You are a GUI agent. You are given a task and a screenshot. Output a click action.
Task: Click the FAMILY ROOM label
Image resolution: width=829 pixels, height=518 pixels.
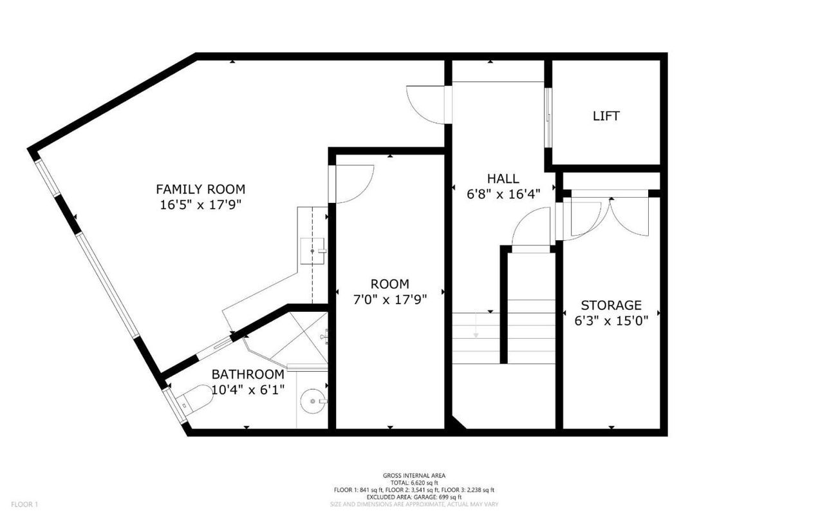(200, 189)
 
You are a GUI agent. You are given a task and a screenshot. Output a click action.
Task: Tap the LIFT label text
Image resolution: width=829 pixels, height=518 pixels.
(606, 116)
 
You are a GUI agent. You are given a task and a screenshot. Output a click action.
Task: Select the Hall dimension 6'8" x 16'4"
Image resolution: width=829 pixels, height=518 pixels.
(503, 194)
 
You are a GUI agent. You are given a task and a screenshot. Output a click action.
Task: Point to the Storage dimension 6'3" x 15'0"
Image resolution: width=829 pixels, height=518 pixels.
(611, 320)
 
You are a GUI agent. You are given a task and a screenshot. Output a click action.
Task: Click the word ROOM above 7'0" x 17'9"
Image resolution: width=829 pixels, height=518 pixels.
(389, 284)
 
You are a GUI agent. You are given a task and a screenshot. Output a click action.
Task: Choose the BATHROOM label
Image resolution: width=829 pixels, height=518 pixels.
(248, 374)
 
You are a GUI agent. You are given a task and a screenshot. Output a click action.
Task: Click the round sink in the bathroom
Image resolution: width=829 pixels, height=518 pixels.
(313, 401)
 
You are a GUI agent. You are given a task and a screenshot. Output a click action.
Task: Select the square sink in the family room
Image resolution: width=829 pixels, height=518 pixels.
(312, 251)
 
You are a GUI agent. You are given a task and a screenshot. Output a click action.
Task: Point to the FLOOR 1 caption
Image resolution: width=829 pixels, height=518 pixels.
(24, 504)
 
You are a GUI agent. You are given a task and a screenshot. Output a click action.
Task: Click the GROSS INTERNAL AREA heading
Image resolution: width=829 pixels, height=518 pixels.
(414, 475)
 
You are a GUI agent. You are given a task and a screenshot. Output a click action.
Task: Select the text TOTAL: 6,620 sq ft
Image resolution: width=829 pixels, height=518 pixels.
(414, 483)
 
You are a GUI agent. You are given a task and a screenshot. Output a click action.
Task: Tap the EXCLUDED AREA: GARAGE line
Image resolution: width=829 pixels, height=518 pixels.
(414, 497)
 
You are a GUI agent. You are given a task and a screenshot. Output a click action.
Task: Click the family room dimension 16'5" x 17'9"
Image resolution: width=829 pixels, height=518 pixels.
(200, 204)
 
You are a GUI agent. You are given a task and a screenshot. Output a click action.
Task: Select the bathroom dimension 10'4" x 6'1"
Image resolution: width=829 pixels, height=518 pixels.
(248, 390)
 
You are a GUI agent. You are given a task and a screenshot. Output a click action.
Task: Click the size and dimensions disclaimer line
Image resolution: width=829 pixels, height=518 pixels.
(414, 504)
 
